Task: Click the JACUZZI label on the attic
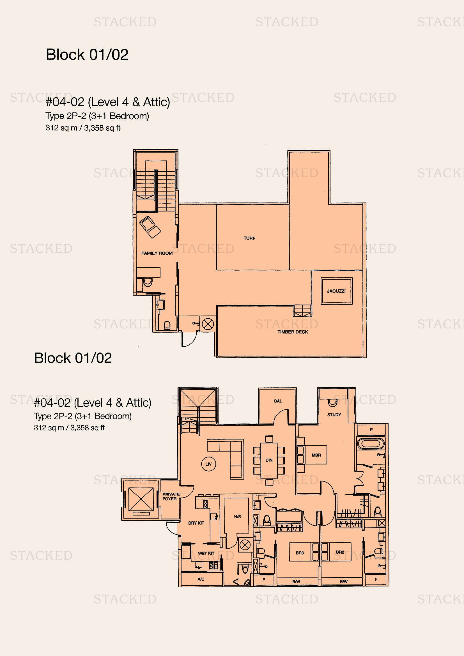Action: pos(336,291)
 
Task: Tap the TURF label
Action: pos(249,238)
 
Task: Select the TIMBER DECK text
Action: pos(293,332)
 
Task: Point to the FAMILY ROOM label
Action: pos(157,253)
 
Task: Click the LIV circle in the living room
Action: pos(208,464)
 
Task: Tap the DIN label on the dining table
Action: pos(269,460)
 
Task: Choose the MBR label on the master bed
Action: pos(316,455)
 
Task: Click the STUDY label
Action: pos(334,415)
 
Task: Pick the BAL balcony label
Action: pos(278,401)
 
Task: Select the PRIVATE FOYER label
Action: pos(171,497)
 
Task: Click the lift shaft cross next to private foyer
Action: pos(141,499)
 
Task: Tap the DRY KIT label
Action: pos(196,523)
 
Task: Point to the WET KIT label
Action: pos(206,553)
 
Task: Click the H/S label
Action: pos(237,517)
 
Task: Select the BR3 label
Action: pos(300,553)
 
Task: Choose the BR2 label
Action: pos(340,552)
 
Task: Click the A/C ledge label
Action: pos(201,579)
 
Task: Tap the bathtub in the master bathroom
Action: pos(371,444)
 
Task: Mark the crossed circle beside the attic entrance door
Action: pos(208,324)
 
